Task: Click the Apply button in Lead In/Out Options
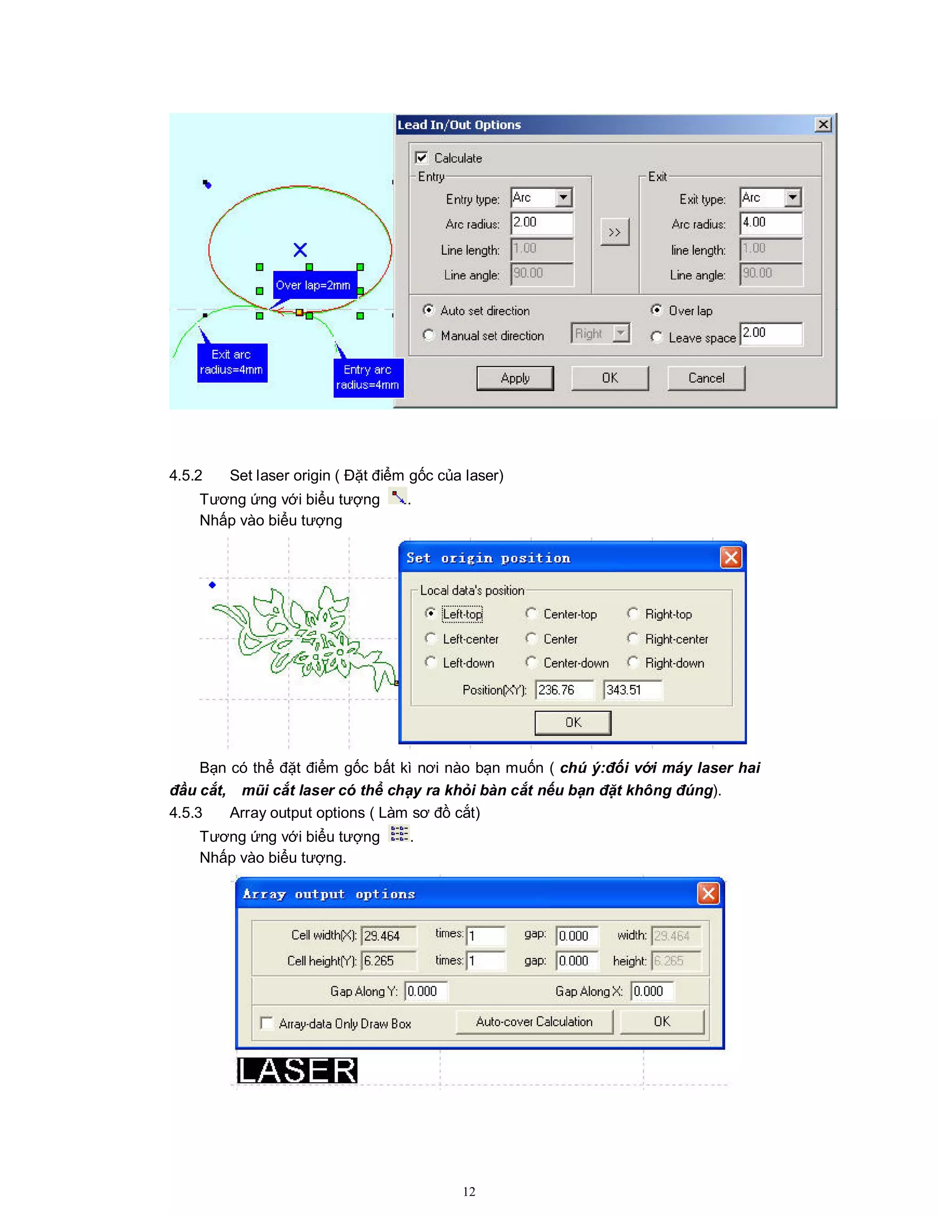[514, 378]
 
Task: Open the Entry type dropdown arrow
[563, 198]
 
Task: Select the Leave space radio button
[657, 337]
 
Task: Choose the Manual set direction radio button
[428, 335]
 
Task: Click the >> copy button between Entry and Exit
[615, 232]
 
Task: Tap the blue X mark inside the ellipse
[300, 250]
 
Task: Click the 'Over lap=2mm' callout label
[313, 285]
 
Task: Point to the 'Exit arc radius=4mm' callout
[232, 362]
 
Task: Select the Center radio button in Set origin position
[531, 638]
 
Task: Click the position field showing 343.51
[632, 690]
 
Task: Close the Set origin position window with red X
[731, 558]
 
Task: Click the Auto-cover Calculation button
[534, 1022]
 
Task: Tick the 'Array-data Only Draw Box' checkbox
[267, 1023]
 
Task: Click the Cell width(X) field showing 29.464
[388, 936]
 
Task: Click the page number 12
[469, 1191]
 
